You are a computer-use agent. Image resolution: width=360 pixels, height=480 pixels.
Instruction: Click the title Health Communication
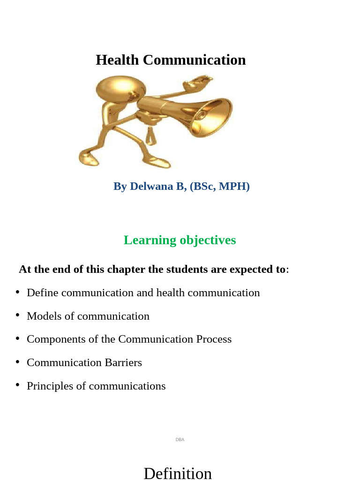click(171, 60)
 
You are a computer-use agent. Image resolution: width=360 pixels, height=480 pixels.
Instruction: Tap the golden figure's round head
click(120, 89)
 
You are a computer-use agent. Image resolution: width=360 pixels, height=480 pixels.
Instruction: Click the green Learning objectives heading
click(180, 240)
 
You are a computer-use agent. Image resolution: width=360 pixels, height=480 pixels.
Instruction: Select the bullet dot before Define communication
click(17, 292)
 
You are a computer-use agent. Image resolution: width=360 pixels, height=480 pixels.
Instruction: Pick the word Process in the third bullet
click(214, 339)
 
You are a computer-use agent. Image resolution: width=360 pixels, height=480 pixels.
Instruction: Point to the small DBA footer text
click(180, 440)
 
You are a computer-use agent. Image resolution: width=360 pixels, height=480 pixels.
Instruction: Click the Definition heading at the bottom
click(178, 473)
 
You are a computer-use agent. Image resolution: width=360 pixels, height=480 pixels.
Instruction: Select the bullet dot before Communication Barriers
click(17, 362)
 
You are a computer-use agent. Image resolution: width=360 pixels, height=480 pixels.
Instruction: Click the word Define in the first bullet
click(43, 292)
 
